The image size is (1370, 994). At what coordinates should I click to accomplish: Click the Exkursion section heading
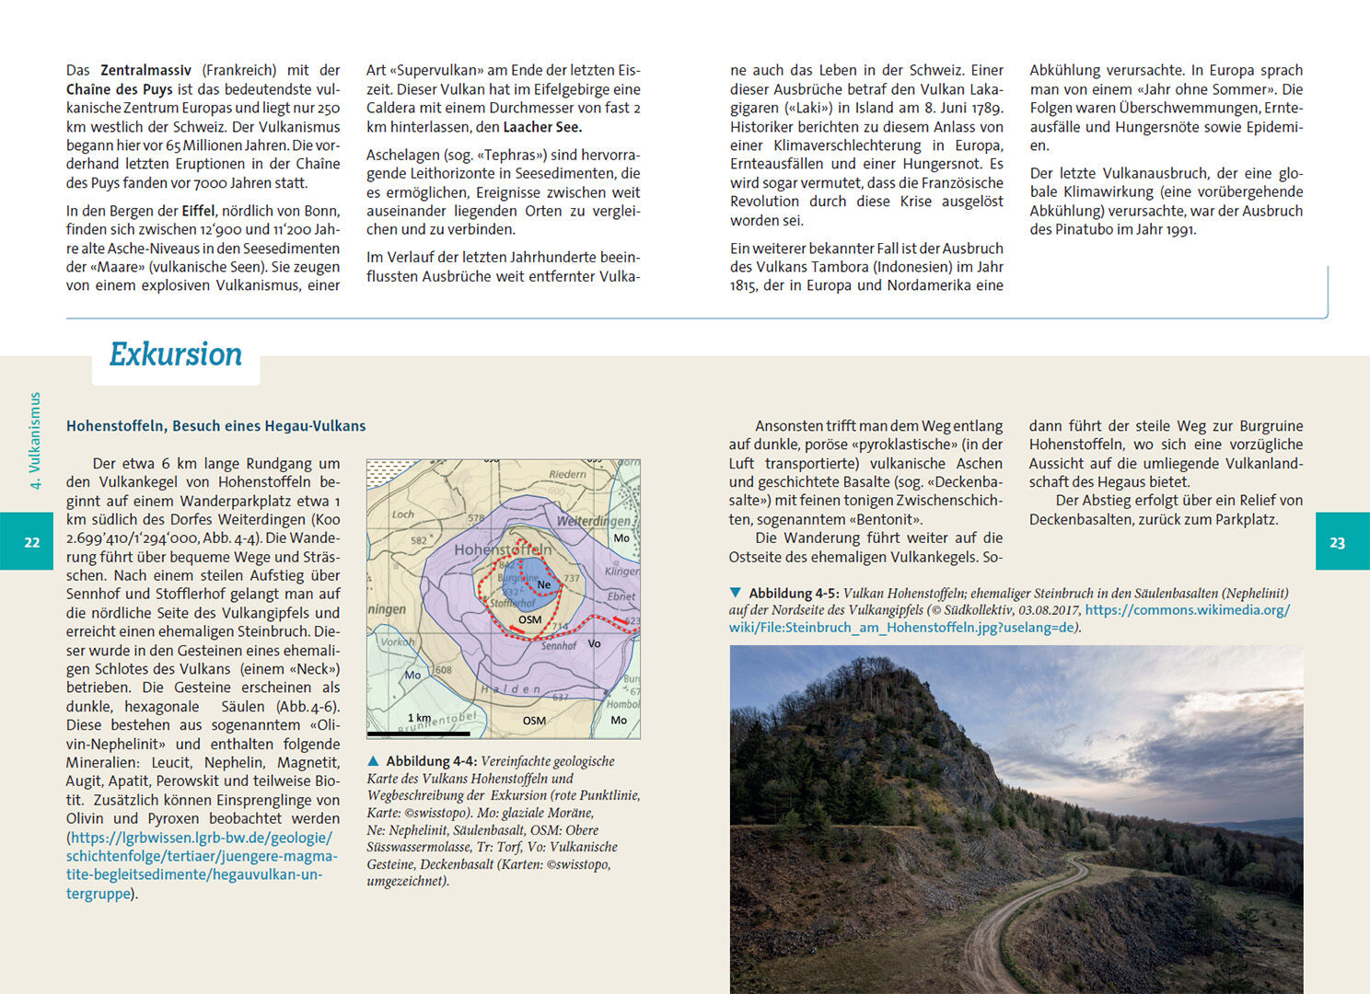tap(175, 354)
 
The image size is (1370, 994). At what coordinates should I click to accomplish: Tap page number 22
tap(32, 542)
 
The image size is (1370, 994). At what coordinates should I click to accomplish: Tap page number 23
tap(1337, 542)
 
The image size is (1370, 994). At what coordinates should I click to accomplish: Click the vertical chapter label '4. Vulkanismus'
tap(36, 440)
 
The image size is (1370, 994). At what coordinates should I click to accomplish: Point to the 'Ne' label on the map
tap(544, 584)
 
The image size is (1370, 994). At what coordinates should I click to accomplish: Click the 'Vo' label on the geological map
tap(594, 643)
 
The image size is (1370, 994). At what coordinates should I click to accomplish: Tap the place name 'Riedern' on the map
tap(567, 474)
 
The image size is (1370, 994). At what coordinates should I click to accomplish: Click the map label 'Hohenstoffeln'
tap(503, 549)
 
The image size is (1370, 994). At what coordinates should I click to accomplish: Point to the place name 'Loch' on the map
tap(403, 514)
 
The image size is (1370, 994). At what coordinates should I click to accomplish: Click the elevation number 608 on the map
tap(444, 670)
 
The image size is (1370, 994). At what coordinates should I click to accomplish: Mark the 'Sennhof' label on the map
tap(559, 646)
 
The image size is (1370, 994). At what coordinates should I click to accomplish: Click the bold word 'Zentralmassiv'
tap(145, 70)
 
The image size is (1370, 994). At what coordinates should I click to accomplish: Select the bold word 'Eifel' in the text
tap(198, 211)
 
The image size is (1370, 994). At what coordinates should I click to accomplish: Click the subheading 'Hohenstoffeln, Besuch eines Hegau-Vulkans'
tap(215, 426)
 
